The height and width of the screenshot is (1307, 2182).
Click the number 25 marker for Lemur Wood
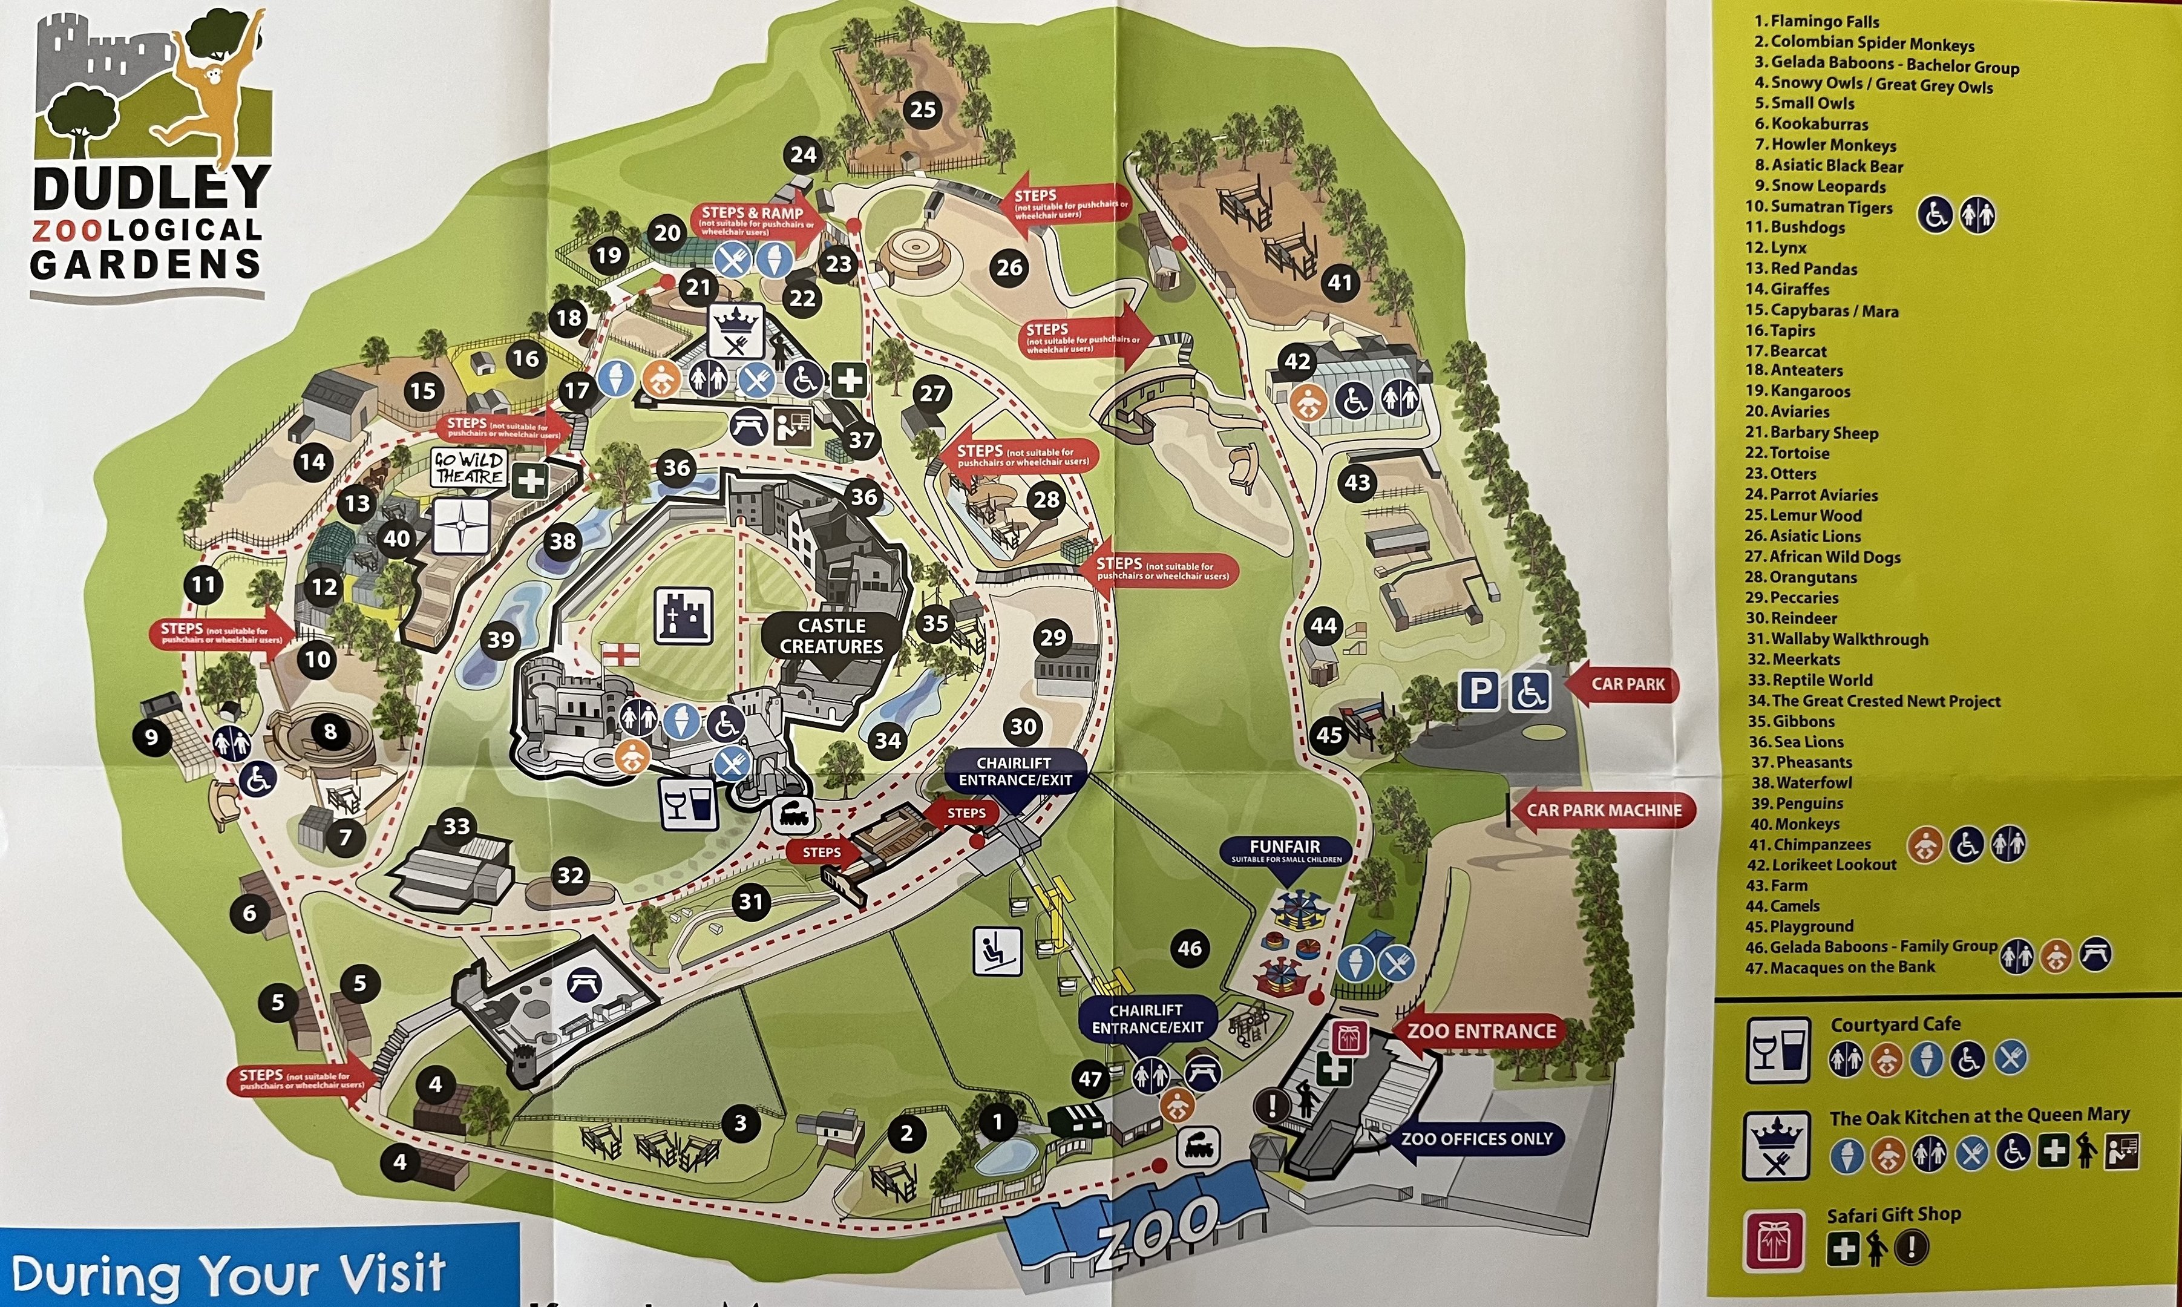coord(922,110)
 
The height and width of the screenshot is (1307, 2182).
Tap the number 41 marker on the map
coord(1339,283)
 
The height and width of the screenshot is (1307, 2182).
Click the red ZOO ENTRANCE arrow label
coord(1481,1031)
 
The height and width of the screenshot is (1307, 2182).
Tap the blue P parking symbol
coord(1479,690)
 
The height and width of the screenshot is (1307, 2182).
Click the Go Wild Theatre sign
coord(470,468)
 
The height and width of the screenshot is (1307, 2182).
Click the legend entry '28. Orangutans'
coord(1801,577)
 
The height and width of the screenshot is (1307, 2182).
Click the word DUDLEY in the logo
coord(149,188)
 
